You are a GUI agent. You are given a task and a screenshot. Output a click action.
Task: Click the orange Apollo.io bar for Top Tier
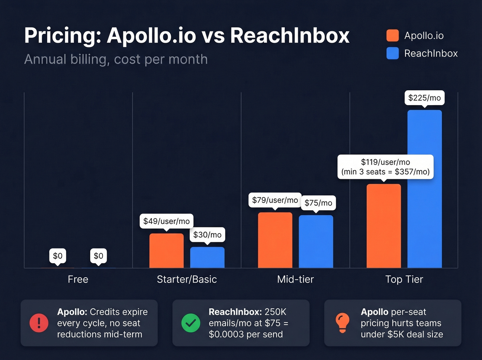click(x=384, y=226)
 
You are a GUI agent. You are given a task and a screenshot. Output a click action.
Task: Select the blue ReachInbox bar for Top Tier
click(x=424, y=189)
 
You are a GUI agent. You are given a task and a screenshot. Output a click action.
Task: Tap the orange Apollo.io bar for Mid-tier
click(x=275, y=240)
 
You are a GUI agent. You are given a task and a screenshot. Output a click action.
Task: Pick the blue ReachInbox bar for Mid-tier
click(x=316, y=241)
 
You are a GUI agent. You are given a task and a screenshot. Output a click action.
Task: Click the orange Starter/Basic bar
click(x=166, y=250)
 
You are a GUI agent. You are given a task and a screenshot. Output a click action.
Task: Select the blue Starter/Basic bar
click(x=207, y=257)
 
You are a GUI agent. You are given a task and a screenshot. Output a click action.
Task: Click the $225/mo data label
click(x=424, y=98)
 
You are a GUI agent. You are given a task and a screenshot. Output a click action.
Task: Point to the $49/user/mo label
click(x=166, y=221)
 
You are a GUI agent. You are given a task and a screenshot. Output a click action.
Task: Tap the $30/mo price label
click(x=207, y=235)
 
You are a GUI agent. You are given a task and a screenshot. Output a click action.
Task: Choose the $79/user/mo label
click(x=275, y=200)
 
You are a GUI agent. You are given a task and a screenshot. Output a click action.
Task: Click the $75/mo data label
click(x=318, y=203)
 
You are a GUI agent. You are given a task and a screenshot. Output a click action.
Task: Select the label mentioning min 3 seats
click(x=385, y=167)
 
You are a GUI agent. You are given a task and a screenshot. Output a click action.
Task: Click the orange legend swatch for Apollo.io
click(x=392, y=35)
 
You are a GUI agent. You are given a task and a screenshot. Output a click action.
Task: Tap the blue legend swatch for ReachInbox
click(x=392, y=53)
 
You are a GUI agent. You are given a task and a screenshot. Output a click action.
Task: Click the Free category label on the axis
click(x=78, y=279)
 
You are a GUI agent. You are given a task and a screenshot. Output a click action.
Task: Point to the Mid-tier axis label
click(x=295, y=279)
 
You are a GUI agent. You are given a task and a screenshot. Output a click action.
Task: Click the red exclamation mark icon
click(x=39, y=323)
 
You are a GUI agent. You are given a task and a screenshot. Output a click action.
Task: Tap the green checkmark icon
click(x=191, y=323)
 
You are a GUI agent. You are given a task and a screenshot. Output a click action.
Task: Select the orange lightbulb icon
click(x=342, y=323)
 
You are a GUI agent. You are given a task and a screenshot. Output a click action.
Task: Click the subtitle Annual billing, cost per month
click(x=116, y=60)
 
